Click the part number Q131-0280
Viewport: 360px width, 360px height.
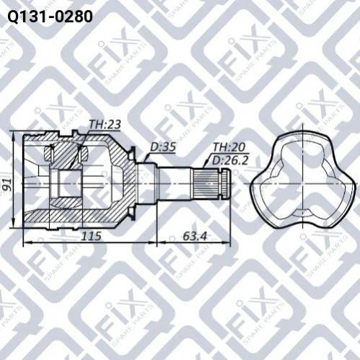pos(51,17)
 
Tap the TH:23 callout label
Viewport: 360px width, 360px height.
pos(105,125)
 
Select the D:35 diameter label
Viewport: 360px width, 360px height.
pos(163,147)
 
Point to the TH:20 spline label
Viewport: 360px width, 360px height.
pos(229,147)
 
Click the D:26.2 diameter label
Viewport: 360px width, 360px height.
pos(229,160)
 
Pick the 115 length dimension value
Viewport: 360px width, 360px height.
pos(92,236)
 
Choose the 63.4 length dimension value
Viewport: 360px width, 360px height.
pos(195,236)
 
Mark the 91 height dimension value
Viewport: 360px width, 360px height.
pos(8,185)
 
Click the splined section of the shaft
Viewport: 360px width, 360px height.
pos(206,184)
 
